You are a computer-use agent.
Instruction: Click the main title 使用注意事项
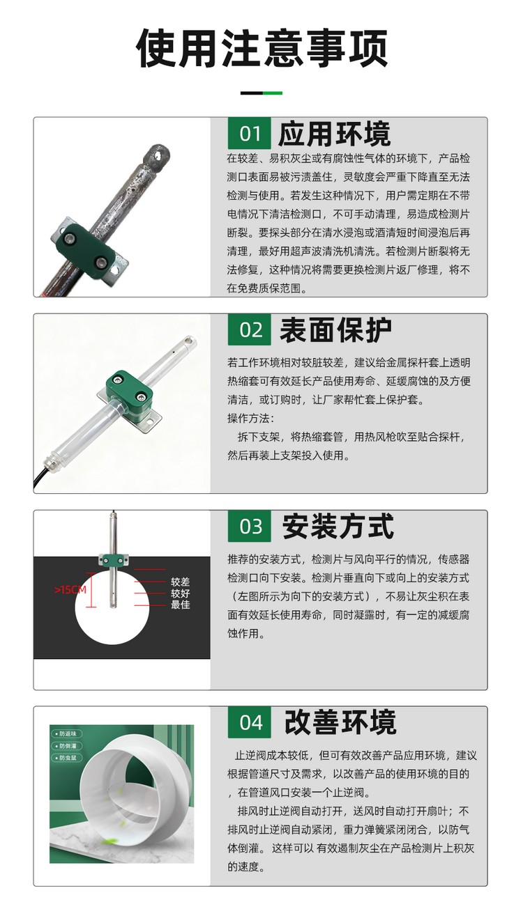tap(261, 48)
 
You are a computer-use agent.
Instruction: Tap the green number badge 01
tap(250, 134)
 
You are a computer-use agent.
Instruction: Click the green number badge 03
tap(250, 526)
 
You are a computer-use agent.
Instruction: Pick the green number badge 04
tap(250, 722)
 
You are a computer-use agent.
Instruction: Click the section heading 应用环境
tap(334, 134)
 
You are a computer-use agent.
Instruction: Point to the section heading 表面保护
tap(335, 330)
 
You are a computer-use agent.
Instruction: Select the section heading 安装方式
tap(338, 527)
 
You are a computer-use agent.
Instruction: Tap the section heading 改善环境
tap(340, 722)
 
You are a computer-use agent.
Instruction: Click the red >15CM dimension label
tap(70, 590)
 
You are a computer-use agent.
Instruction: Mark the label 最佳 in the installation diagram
tap(181, 605)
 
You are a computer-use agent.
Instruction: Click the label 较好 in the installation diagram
tap(181, 593)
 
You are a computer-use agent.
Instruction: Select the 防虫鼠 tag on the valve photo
tap(66, 758)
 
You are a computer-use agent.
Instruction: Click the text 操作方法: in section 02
tap(251, 419)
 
